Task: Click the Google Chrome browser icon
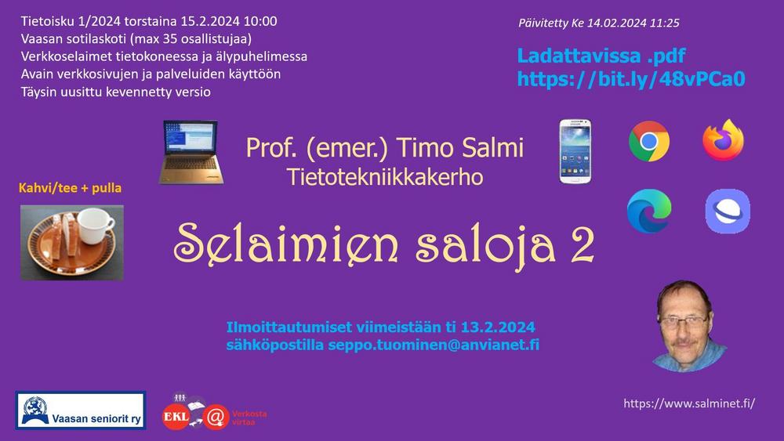[x=649, y=141]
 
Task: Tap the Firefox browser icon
[x=723, y=140]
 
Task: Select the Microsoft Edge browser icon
[x=649, y=211]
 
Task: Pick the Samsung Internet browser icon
[x=728, y=211]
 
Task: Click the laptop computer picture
[x=191, y=152]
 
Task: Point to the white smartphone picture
[x=575, y=151]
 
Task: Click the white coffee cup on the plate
[x=95, y=226]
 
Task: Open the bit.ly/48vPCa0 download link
[x=631, y=79]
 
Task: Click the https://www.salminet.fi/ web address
[x=689, y=403]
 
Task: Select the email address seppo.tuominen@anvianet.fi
[x=434, y=345]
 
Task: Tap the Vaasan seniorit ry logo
[x=81, y=410]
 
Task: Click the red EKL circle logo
[x=176, y=417]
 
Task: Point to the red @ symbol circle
[x=216, y=418]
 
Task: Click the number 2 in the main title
[x=583, y=244]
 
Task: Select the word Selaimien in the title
[x=286, y=244]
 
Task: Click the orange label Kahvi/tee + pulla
[x=70, y=188]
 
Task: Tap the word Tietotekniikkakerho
[x=385, y=177]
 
